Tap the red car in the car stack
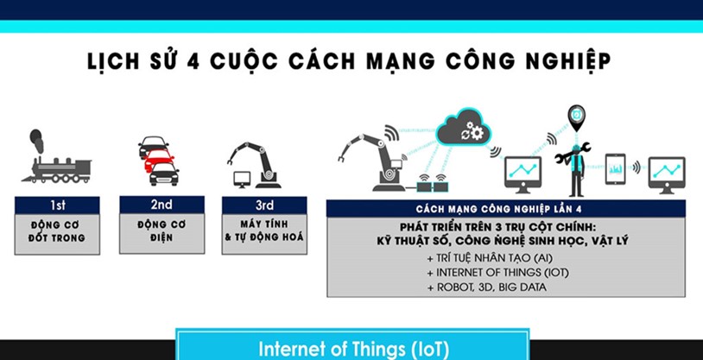(x=158, y=161)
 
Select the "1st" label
(x=56, y=205)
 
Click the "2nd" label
(x=161, y=205)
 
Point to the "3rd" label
(x=264, y=205)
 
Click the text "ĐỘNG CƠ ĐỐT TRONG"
(x=56, y=231)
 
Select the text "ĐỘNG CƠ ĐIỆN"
(x=161, y=231)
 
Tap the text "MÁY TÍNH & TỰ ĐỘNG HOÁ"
(x=264, y=231)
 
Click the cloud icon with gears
(x=462, y=130)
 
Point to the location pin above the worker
(x=575, y=115)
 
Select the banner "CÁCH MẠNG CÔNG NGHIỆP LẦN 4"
(x=505, y=208)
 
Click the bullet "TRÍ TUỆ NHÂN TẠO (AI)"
(x=484, y=259)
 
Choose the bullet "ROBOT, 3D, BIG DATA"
(x=486, y=287)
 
